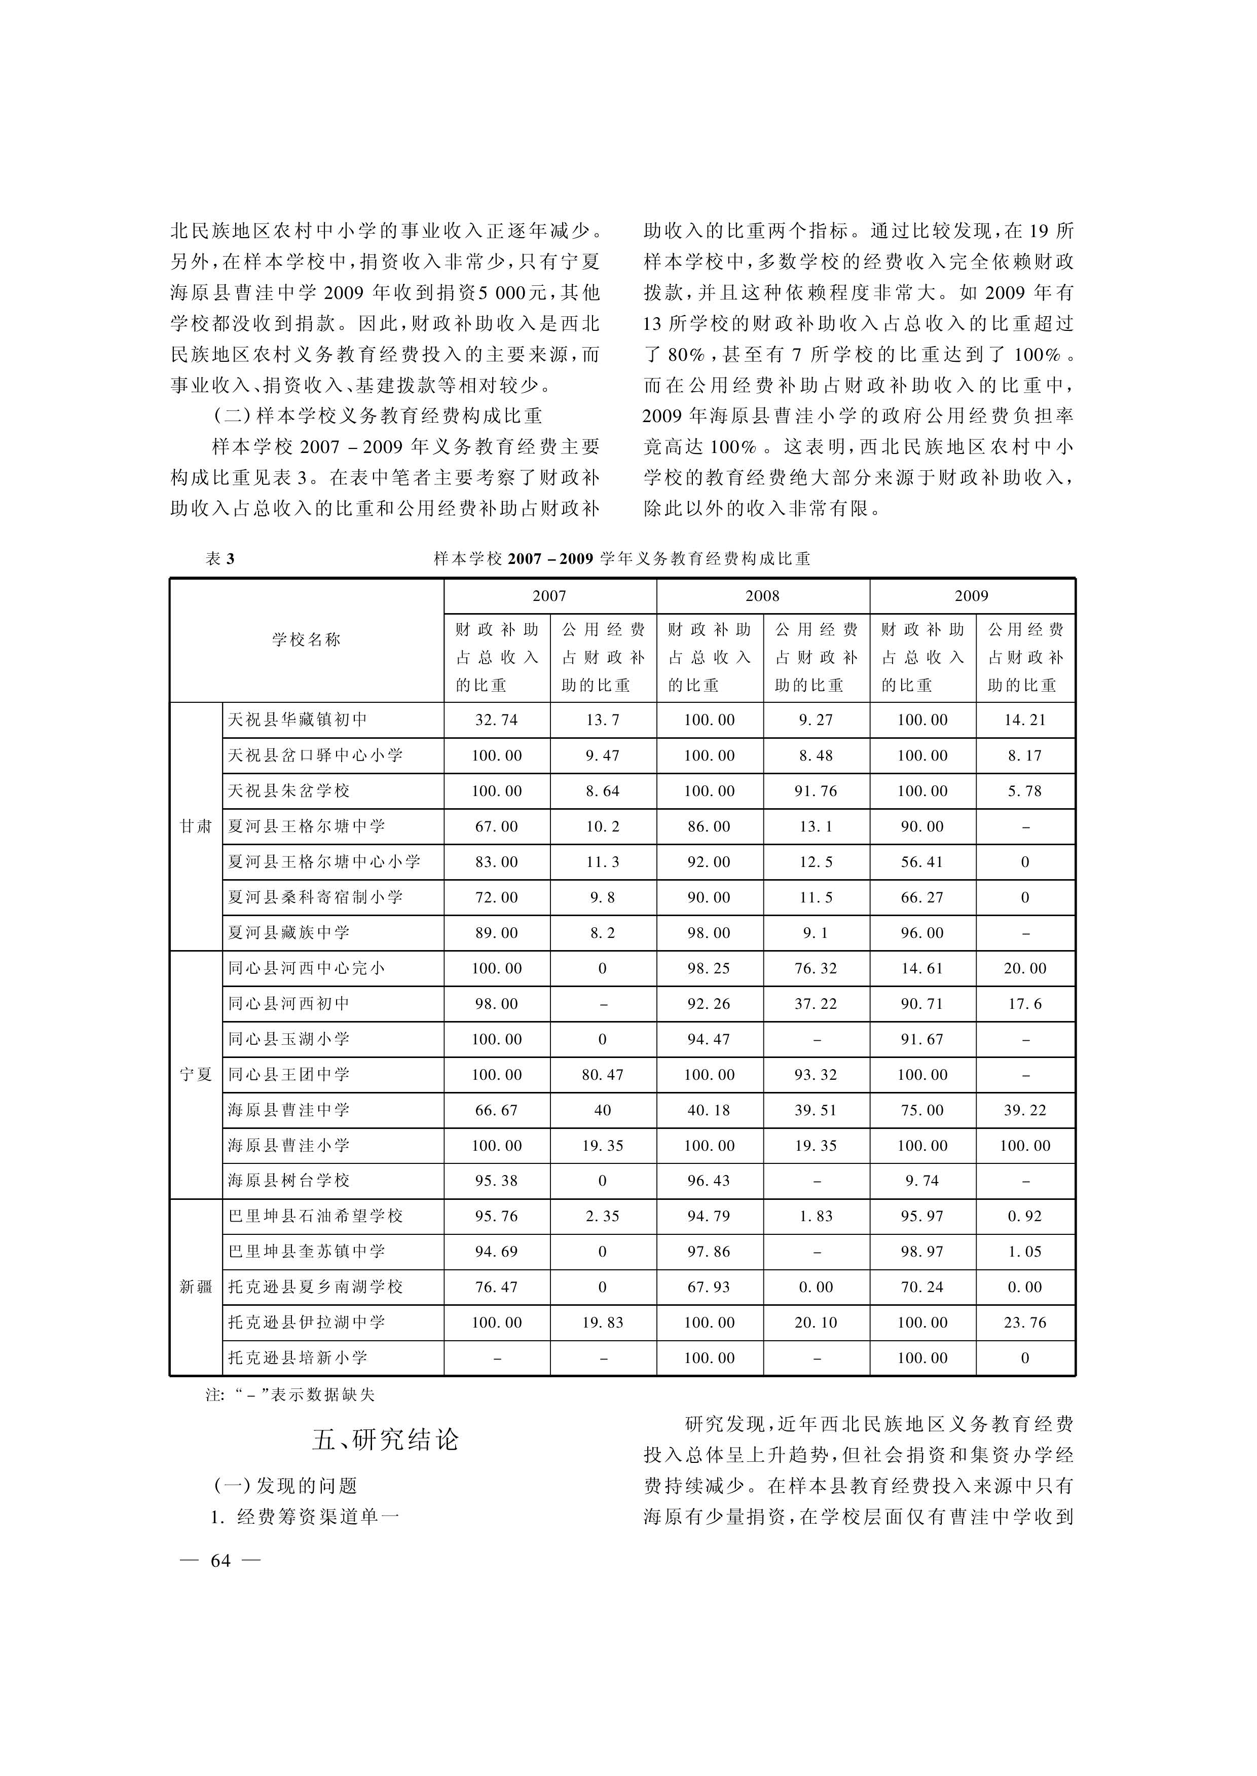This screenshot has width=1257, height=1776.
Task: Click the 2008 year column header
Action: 762,596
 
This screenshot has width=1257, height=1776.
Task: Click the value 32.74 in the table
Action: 496,720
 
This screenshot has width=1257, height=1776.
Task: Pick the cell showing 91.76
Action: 816,791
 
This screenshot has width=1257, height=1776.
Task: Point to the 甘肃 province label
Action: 196,826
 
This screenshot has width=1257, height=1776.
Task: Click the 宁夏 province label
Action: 196,1074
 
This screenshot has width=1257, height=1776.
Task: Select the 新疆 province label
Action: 196,1287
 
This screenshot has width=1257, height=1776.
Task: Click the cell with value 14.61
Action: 922,968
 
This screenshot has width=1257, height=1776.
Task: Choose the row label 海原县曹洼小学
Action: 289,1145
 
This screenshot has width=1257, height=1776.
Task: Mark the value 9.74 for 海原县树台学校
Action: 922,1181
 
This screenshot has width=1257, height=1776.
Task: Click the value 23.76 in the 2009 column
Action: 1025,1322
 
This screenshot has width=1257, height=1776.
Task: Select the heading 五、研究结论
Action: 385,1440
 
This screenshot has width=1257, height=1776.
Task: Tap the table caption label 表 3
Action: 220,559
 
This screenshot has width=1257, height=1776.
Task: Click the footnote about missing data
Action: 290,1394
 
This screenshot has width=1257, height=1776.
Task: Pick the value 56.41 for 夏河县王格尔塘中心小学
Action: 922,862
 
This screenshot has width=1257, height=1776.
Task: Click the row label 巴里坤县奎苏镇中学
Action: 307,1252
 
